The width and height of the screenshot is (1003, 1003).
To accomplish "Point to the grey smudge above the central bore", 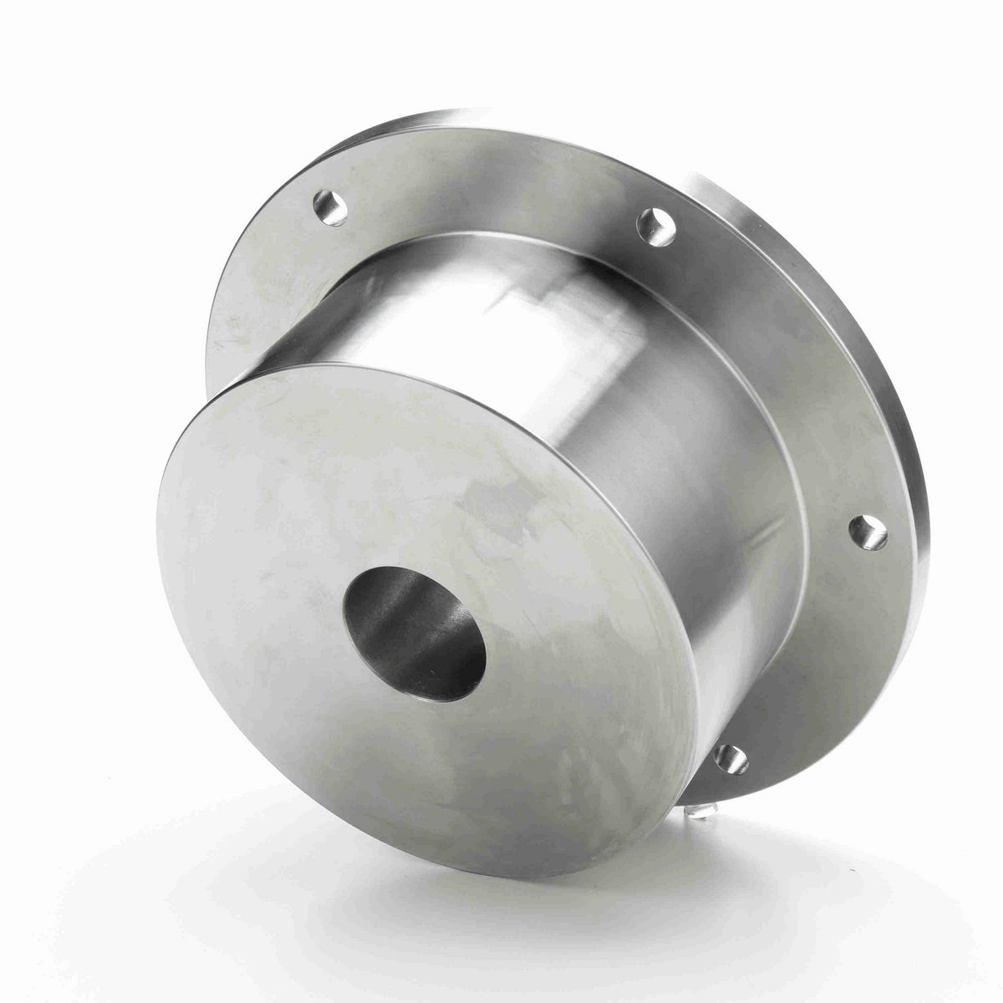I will [493, 501].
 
